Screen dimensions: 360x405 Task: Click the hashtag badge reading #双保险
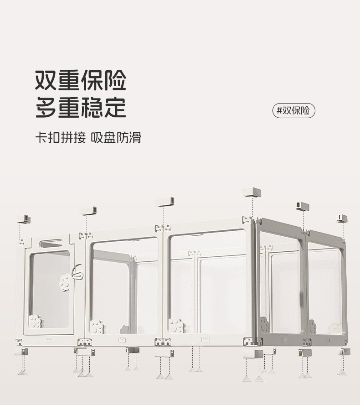(x=294, y=111)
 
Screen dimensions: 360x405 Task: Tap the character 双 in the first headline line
(x=46, y=80)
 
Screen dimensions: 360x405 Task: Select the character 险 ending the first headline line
(x=115, y=80)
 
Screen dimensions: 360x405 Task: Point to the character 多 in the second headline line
(x=46, y=108)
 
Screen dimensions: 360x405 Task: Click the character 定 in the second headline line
(x=115, y=108)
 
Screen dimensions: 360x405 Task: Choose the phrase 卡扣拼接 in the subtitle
(x=61, y=138)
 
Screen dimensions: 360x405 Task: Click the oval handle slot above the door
(x=51, y=244)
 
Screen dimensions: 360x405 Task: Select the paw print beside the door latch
(x=66, y=282)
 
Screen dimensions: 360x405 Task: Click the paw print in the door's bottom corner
(x=35, y=321)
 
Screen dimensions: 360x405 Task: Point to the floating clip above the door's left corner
(x=24, y=219)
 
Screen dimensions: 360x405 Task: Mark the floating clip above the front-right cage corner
(x=252, y=192)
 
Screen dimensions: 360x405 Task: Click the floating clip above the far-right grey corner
(x=342, y=218)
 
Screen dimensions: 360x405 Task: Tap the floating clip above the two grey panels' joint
(x=303, y=206)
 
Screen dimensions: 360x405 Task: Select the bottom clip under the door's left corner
(x=21, y=352)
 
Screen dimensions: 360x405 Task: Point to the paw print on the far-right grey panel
(x=335, y=327)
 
